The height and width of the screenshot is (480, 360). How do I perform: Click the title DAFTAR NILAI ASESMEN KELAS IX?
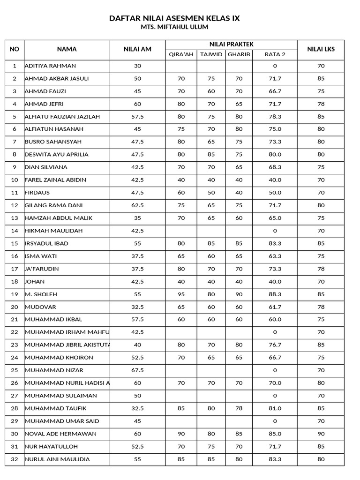click(174, 18)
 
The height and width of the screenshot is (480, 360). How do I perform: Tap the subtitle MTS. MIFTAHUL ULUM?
click(174, 28)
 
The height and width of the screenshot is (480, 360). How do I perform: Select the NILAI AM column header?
click(137, 49)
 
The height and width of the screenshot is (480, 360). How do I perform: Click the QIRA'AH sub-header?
click(181, 54)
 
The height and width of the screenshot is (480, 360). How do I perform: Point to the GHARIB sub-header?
click(239, 54)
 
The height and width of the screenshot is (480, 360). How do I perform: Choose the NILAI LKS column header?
click(321, 49)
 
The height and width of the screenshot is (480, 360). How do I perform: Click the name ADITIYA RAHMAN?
click(50, 66)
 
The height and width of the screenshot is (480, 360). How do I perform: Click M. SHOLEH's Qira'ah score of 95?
click(181, 294)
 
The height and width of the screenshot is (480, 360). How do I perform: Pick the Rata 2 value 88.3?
click(275, 294)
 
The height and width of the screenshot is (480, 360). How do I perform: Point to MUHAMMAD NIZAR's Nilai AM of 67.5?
click(137, 370)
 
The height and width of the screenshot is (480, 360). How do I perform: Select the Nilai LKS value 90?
click(321, 434)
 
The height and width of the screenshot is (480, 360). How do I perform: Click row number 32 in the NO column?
click(15, 459)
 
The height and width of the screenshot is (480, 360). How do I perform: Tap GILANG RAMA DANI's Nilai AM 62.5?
click(137, 205)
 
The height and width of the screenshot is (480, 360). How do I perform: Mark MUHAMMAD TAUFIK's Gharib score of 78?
click(239, 408)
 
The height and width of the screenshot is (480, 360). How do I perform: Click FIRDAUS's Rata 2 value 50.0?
click(275, 193)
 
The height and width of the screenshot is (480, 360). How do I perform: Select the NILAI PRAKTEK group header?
click(231, 45)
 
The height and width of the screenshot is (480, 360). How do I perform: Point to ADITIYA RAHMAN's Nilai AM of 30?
click(137, 66)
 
